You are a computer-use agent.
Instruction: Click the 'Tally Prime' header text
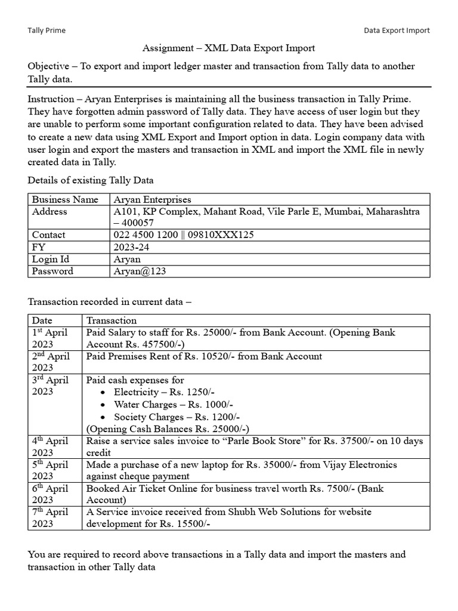click(x=47, y=30)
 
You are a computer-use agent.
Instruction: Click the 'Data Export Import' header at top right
click(x=397, y=30)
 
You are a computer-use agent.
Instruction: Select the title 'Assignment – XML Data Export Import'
click(x=228, y=48)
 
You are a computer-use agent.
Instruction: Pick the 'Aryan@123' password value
click(x=140, y=271)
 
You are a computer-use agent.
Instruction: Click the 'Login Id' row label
click(x=54, y=259)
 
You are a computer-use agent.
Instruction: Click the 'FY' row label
click(x=39, y=247)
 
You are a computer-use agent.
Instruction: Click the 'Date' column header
click(x=42, y=320)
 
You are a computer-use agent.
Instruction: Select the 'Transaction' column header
click(x=112, y=320)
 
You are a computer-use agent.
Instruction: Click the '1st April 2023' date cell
click(x=51, y=338)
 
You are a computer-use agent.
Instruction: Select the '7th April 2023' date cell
click(x=51, y=517)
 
